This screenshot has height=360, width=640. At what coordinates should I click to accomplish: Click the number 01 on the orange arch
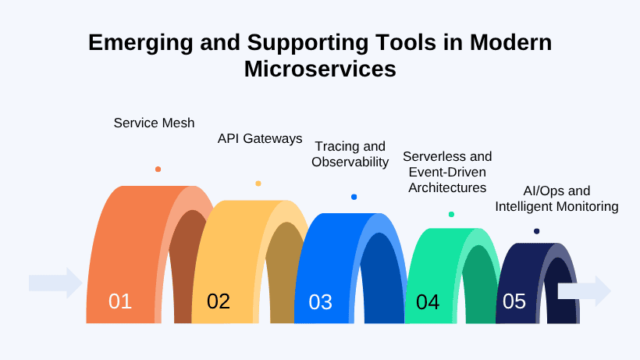tap(120, 301)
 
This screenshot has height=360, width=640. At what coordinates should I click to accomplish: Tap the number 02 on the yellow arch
tap(219, 301)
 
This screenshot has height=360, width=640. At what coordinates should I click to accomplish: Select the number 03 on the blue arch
tap(320, 302)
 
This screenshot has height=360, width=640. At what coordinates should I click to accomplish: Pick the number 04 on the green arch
tap(428, 302)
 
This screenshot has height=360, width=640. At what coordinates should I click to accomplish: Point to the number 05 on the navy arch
tap(514, 301)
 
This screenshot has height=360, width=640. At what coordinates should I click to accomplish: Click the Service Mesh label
tap(154, 123)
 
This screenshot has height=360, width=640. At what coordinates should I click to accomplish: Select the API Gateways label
tap(259, 139)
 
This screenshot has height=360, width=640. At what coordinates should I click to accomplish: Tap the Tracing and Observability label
tap(350, 155)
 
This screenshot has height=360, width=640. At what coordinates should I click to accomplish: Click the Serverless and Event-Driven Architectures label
tap(447, 173)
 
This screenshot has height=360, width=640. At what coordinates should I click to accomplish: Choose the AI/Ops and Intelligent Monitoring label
tap(556, 199)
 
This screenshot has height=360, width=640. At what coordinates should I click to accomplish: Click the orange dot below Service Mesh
tap(158, 169)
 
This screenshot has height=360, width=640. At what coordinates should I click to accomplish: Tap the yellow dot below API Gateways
tap(258, 184)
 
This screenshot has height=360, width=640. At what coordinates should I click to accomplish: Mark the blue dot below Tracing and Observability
tap(354, 197)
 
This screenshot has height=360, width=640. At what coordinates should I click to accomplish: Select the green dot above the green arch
tap(451, 214)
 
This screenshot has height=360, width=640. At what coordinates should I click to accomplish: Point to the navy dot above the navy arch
tap(536, 231)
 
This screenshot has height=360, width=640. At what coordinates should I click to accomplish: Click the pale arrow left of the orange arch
tap(55, 283)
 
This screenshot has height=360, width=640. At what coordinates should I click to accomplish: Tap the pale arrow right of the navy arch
tap(585, 290)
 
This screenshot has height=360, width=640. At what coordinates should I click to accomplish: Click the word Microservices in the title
tap(320, 69)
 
